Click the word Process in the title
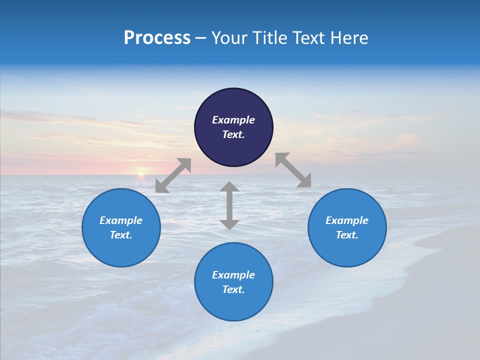tap(157, 38)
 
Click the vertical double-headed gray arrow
tap(229, 205)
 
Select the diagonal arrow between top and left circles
tap(173, 175)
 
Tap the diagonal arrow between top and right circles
tap(293, 170)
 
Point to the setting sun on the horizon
tap(141, 173)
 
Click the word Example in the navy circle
tap(233, 120)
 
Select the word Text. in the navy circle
tap(233, 134)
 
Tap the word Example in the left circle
tap(121, 220)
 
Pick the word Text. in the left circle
tap(121, 235)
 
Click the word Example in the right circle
tap(347, 220)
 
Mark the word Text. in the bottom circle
tap(233, 289)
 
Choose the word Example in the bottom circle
tap(233, 275)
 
